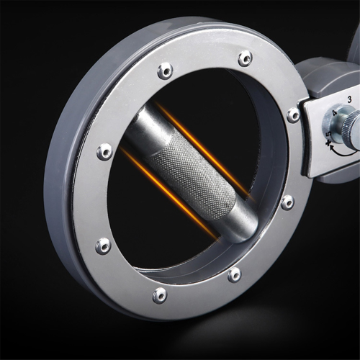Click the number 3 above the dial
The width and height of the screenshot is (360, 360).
[350, 99]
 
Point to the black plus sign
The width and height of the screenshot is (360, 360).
[328, 143]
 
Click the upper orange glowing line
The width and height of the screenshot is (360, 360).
[204, 151]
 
